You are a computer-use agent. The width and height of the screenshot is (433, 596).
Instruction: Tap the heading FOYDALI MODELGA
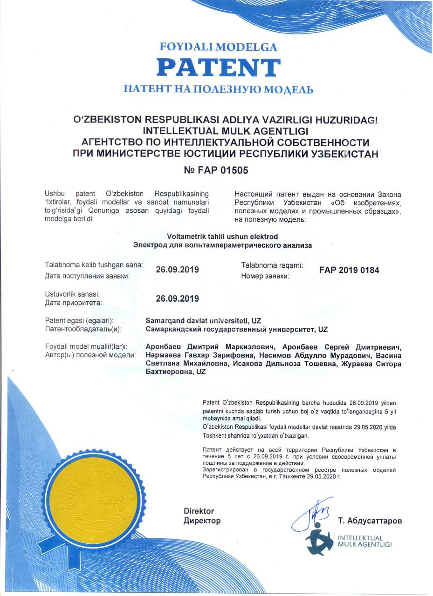coord(218,47)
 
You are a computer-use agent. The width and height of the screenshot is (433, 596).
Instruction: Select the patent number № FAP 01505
coord(216,170)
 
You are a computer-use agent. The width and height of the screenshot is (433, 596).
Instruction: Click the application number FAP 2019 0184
coord(349,270)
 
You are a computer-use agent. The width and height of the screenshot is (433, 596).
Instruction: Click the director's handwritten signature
coord(312,515)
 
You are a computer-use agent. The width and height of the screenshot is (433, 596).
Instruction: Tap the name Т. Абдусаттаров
coord(370,521)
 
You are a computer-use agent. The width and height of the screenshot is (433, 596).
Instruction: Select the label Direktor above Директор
coord(199,511)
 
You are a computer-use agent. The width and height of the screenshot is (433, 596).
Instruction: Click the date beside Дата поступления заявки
coord(177,270)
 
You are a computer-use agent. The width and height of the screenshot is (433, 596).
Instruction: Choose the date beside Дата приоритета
coord(177,298)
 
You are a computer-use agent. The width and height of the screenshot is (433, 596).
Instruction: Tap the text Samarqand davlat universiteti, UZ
coord(203,321)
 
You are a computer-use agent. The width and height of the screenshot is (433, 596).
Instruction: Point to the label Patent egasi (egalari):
coord(79,321)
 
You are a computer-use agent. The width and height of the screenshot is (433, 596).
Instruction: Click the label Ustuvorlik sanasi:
coord(72,294)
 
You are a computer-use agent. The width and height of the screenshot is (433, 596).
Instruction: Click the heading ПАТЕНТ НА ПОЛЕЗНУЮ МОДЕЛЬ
coord(218,89)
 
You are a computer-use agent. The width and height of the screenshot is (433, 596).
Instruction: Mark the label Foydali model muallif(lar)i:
coord(86,347)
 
